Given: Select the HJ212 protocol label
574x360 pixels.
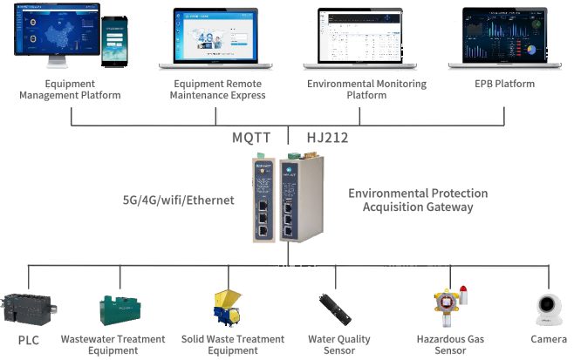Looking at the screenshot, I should (x=328, y=138).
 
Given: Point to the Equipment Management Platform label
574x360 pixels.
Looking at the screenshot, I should (x=69, y=89).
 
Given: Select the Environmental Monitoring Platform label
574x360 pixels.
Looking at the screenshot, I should (x=366, y=89).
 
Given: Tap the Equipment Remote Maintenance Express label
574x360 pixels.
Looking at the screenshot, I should (x=220, y=89).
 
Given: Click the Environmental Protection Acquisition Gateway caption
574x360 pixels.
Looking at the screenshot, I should (x=417, y=200).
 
